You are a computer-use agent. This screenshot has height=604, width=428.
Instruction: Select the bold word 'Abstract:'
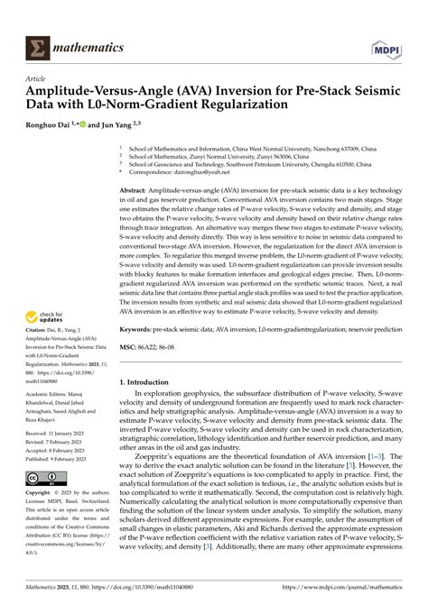(x=137, y=192)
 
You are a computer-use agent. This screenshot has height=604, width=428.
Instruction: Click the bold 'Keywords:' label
(x=140, y=331)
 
